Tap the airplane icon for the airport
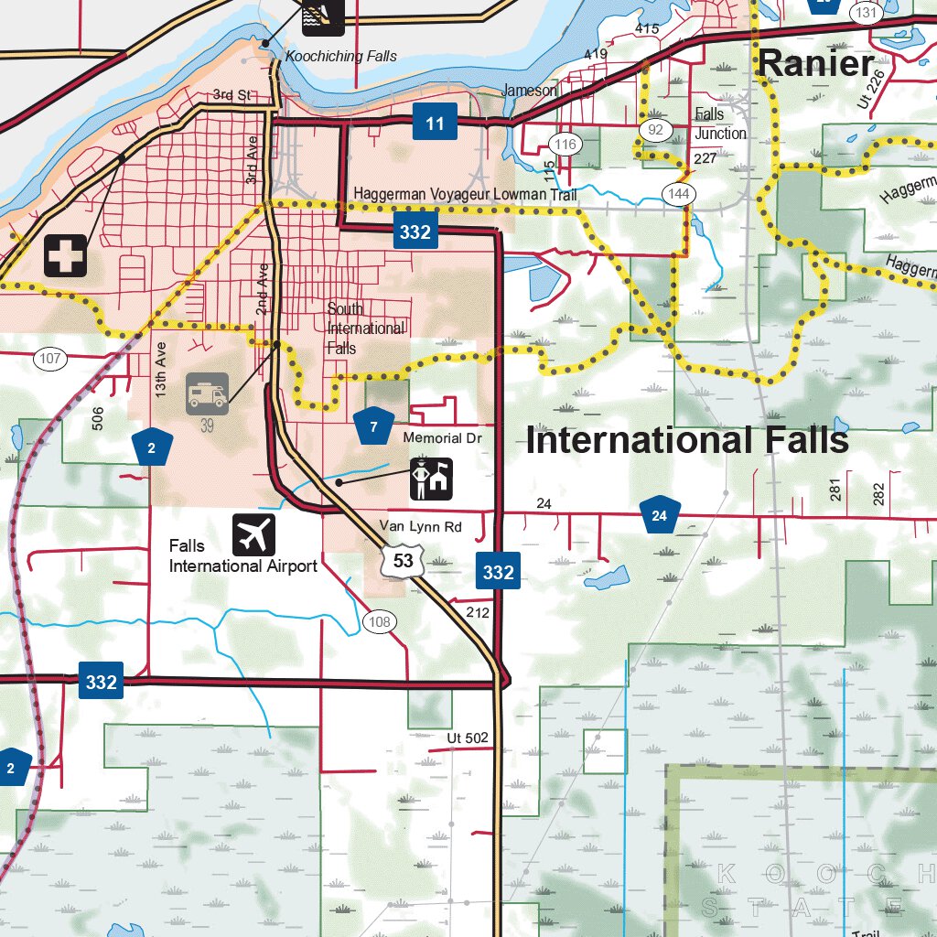click(253, 534)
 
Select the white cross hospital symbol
click(66, 255)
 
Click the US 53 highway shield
click(403, 561)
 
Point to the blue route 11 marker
click(435, 123)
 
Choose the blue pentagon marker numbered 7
click(373, 426)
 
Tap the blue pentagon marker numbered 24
click(659, 516)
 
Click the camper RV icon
click(208, 393)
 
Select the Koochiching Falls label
click(341, 56)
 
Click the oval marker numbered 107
click(50, 359)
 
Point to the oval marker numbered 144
click(679, 194)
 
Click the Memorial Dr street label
click(442, 438)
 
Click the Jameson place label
click(529, 91)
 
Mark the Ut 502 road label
click(468, 738)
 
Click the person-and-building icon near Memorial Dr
click(431, 479)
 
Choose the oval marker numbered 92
click(655, 130)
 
